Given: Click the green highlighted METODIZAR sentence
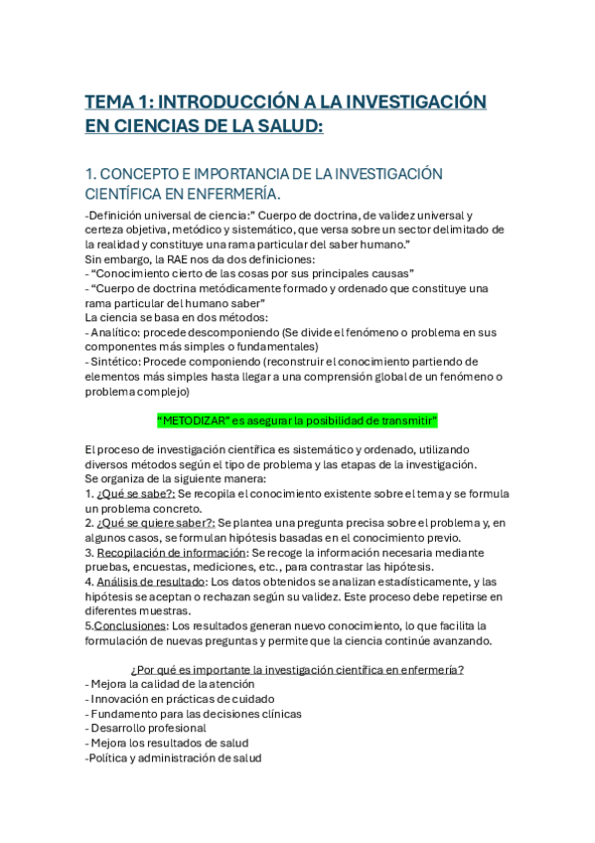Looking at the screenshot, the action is (298, 420).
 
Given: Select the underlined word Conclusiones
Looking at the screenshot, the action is (130, 625).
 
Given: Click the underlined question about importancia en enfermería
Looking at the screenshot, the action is (298, 669).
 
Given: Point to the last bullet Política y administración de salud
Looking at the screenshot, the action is (174, 758).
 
